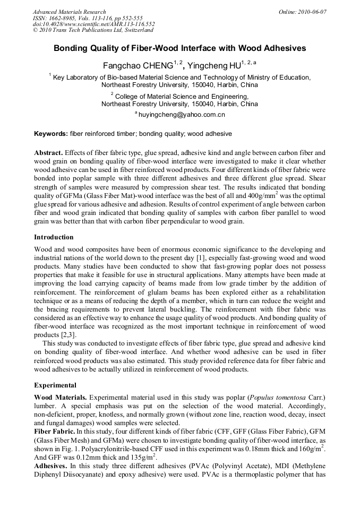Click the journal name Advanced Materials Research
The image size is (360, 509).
point(69,12)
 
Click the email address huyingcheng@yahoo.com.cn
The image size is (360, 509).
point(182,114)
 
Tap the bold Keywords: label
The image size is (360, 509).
point(51,134)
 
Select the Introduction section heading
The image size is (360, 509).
point(54,237)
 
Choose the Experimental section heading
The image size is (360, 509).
point(55,385)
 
